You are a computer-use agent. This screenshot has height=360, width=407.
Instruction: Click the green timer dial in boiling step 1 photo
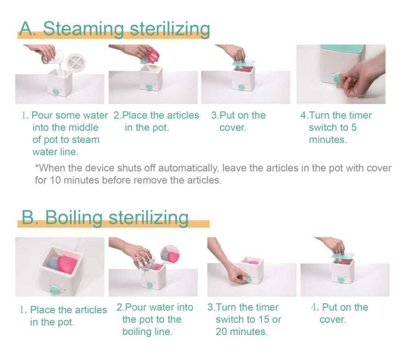[53, 290]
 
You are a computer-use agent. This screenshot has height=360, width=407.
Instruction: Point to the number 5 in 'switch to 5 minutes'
[354, 127]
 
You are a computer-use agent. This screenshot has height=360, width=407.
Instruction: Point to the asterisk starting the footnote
[37, 167]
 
